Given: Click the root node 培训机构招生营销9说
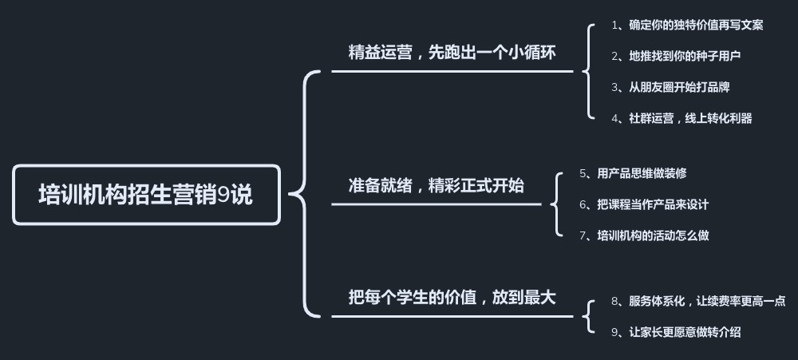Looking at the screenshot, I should pos(146,195).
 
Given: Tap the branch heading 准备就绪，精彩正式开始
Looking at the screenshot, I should pos(436,186).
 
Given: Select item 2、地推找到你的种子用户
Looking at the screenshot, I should pos(676,56).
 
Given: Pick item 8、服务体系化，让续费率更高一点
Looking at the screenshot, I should pos(698,301).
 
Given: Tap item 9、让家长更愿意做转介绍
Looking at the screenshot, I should pos(676,332).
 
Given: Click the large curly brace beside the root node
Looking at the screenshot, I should pos(303,194).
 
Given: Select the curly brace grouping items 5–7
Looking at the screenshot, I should pos(555,204).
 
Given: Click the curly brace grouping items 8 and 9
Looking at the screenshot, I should pos(588,316).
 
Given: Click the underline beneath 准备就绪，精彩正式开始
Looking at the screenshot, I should pos(436,204).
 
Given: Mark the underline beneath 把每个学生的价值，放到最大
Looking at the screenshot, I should pos(452,316).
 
